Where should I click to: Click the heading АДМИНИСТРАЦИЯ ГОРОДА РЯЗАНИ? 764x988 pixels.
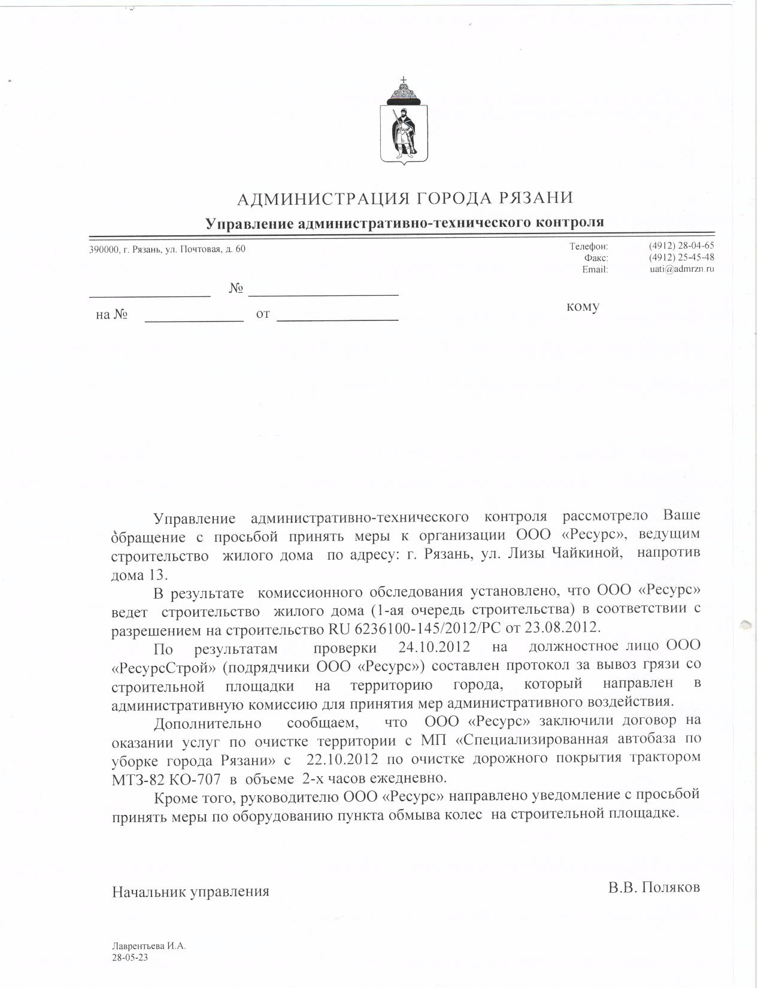[x=405, y=198]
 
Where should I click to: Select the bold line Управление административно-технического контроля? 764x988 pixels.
[x=405, y=223]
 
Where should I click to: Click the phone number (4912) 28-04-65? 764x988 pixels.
[x=681, y=246]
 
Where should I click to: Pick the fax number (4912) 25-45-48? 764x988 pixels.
[x=681, y=257]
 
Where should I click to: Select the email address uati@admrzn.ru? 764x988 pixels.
[x=682, y=269]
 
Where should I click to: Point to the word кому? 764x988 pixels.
[x=583, y=307]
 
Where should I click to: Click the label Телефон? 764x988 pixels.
[x=589, y=246]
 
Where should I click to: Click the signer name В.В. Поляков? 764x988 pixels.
[x=654, y=887]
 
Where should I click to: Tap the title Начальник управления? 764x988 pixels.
[x=190, y=891]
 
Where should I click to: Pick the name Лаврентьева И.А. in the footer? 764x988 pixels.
[x=149, y=947]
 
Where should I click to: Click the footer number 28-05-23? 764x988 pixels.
[x=129, y=957]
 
